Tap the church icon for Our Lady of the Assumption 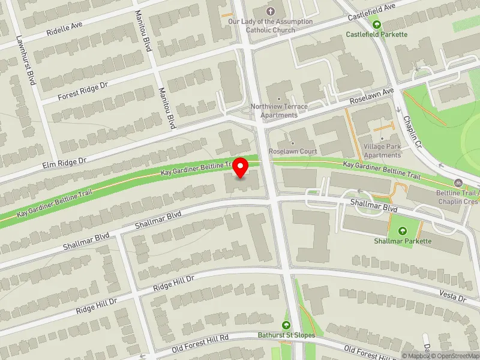click(x=270, y=11)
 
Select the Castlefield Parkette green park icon click(x=377, y=25)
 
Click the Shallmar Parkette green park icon click(x=402, y=231)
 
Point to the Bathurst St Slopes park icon click(x=286, y=325)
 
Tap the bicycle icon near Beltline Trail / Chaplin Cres click(x=458, y=182)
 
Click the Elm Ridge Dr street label click(x=65, y=161)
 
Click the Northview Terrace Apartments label click(x=279, y=110)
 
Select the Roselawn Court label click(x=293, y=151)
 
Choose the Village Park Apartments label click(x=382, y=151)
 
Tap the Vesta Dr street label click(x=453, y=296)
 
